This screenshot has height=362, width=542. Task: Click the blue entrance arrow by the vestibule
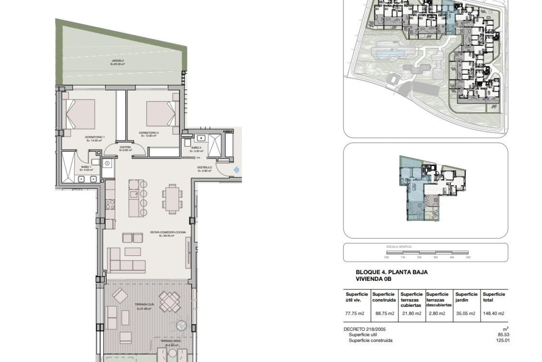(236, 170)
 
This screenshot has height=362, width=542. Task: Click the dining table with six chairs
(172, 199)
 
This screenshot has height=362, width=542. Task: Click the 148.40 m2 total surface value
(493, 313)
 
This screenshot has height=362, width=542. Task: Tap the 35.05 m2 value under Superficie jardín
(465, 313)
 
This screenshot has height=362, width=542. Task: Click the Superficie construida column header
(384, 297)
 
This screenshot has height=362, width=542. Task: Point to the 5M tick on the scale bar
(468, 257)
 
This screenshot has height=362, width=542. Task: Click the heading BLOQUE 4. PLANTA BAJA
(392, 272)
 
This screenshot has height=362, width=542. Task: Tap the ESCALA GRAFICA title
(395, 247)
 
